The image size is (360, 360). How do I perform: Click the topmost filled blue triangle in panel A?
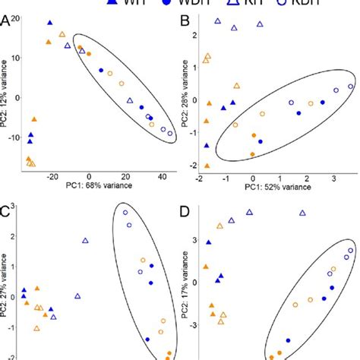(50, 24)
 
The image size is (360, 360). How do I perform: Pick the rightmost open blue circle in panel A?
(170, 134)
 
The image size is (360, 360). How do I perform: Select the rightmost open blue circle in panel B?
(349, 87)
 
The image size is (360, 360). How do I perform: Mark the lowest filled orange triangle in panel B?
(206, 164)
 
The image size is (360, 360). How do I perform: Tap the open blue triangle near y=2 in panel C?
(85, 241)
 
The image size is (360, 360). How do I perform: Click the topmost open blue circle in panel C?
(125, 212)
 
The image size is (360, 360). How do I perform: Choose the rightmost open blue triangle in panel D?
(303, 213)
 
